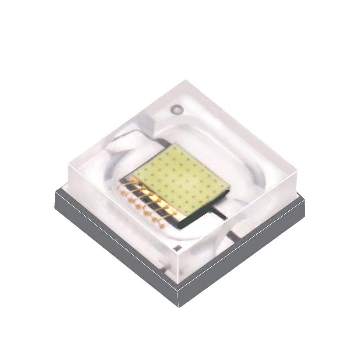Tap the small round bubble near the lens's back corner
click(x=177, y=108)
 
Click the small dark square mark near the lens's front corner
click(x=176, y=248)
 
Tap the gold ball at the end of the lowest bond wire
click(x=162, y=226)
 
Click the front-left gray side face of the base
click(x=115, y=248)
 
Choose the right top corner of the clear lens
click(x=297, y=169)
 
